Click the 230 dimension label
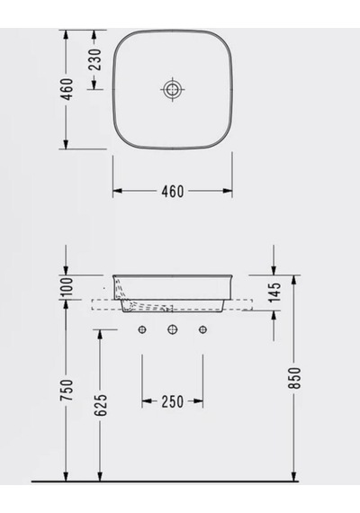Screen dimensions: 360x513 [94, 59]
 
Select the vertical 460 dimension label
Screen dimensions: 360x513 [67, 89]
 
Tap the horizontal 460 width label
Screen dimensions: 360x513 [173, 192]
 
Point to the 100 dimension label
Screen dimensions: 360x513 [67, 286]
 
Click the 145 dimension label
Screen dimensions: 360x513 [274, 292]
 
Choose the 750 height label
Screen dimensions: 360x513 [67, 390]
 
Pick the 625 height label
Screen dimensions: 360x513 [101, 405]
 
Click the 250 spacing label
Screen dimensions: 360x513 [173, 401]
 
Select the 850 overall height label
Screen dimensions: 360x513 [294, 378]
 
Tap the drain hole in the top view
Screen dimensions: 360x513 [173, 89]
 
